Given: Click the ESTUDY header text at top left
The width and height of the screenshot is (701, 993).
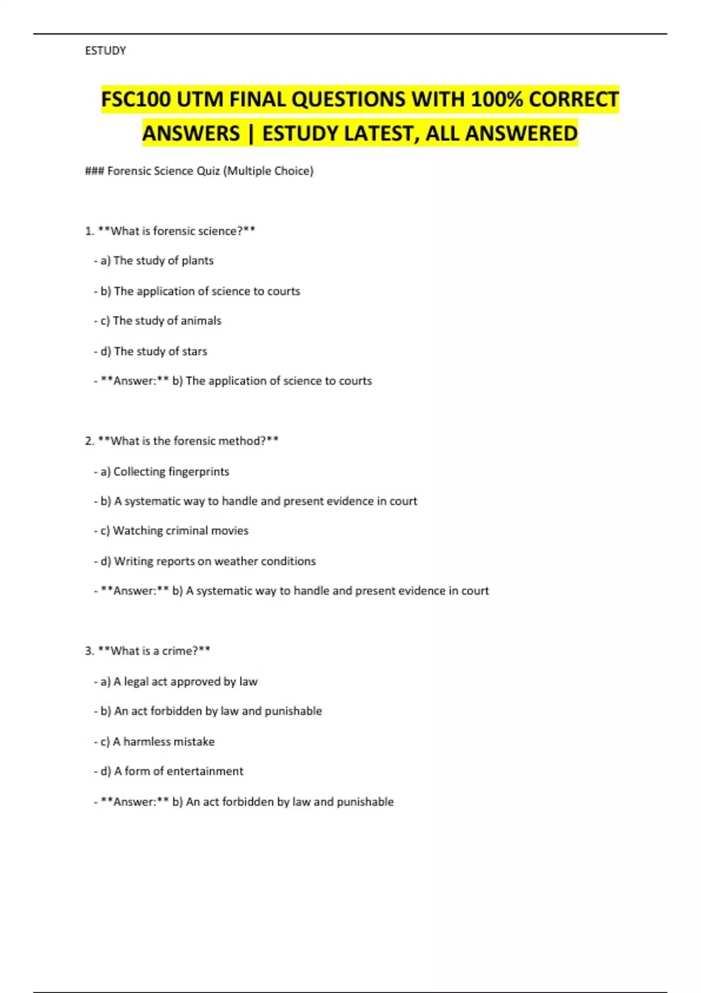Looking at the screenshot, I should (x=105, y=51).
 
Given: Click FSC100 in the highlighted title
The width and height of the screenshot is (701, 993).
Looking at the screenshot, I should (x=136, y=99).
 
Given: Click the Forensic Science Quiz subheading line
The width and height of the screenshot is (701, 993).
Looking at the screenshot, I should (x=199, y=171).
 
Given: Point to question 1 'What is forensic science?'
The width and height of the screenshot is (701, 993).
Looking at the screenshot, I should (x=170, y=231).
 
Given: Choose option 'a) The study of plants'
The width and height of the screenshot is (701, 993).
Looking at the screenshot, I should (x=154, y=261).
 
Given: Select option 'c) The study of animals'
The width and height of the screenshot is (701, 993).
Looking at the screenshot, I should (x=158, y=321).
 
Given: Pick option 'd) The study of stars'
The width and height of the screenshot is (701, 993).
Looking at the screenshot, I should (x=151, y=351).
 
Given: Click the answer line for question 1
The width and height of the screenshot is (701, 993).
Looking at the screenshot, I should (x=232, y=381).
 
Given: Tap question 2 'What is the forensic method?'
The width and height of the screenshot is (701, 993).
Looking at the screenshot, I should (x=182, y=441).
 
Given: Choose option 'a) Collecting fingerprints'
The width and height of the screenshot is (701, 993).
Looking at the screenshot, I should (x=161, y=471).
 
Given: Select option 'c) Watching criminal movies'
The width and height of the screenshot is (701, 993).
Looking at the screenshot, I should (x=171, y=530).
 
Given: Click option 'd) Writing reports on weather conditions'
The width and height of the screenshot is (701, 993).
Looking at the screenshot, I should (x=204, y=561).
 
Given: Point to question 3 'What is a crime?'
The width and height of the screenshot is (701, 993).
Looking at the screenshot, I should (x=147, y=651).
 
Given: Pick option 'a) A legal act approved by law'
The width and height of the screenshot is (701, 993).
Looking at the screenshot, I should (x=175, y=682).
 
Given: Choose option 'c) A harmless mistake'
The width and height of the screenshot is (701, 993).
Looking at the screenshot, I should (x=154, y=741).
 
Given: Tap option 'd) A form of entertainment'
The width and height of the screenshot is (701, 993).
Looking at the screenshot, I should (x=168, y=771).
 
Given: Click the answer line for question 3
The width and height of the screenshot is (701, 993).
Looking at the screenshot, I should (x=244, y=802).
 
